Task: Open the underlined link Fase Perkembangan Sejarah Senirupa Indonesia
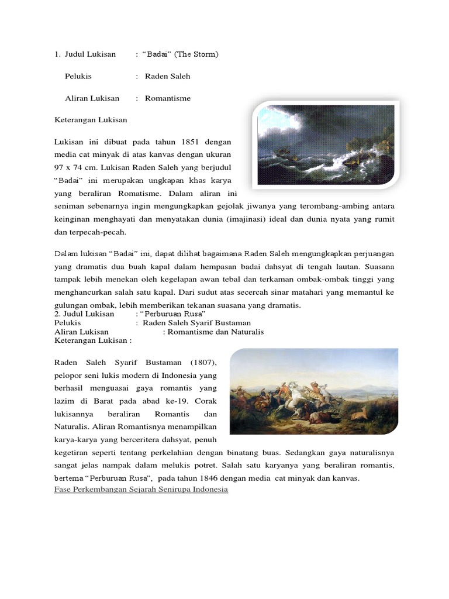pyautogui.click(x=141, y=490)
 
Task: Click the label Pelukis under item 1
pyautogui.click(x=78, y=77)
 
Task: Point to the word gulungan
pyautogui.click(x=71, y=305)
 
